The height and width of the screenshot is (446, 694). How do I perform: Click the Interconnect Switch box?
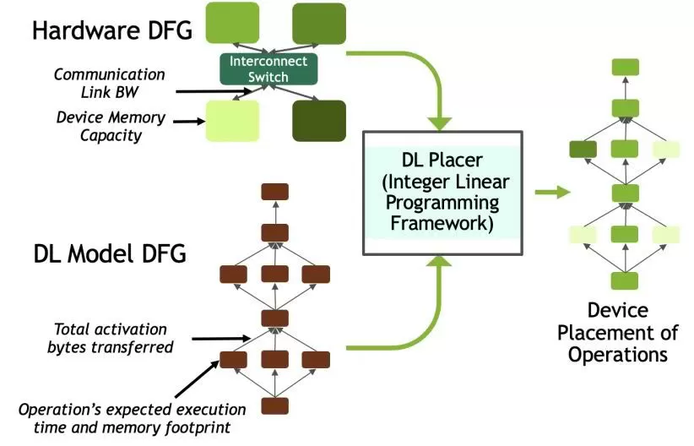[269, 68]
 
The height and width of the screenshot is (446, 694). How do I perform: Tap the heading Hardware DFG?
[112, 30]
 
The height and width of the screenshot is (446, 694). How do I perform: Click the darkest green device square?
[318, 120]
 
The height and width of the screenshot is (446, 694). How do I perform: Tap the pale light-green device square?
[232, 121]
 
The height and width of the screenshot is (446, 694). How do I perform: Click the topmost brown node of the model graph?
[275, 191]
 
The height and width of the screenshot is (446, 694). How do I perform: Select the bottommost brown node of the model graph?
[275, 405]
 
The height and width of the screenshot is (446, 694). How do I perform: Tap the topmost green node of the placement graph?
[625, 67]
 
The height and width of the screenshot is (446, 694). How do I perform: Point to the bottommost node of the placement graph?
[625, 280]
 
